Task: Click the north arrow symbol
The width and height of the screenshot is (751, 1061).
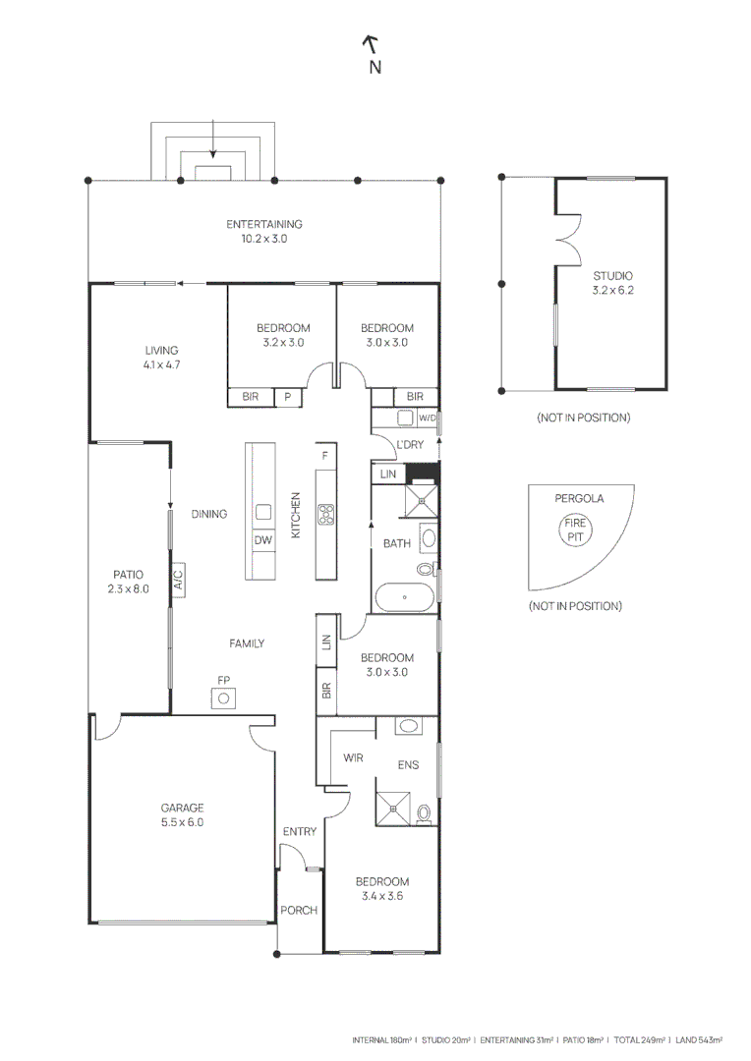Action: point(372,44)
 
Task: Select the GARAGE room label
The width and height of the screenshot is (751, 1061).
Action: point(182,815)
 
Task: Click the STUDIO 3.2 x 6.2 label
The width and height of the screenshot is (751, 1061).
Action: point(611,283)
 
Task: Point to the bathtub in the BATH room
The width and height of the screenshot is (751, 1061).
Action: point(404,598)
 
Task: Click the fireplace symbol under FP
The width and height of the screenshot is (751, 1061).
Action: point(224,698)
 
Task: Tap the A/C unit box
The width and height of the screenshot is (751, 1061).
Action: point(178,580)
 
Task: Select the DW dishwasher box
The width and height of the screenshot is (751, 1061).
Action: point(262,540)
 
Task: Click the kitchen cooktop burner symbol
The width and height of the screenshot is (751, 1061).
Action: point(326,512)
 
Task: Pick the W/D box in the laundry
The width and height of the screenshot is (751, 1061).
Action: point(427,418)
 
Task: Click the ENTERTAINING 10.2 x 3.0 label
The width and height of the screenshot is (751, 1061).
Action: point(263,231)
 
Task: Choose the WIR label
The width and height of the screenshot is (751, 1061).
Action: point(354,758)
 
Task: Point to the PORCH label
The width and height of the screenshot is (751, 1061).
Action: point(299,910)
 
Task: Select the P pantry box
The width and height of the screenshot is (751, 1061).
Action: point(288,397)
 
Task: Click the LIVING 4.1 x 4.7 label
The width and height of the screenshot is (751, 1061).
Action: point(161,357)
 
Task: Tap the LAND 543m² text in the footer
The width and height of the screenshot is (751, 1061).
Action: point(699,1038)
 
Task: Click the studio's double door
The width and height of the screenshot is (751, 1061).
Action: point(564,239)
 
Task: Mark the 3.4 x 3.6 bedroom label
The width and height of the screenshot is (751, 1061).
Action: point(382,889)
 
